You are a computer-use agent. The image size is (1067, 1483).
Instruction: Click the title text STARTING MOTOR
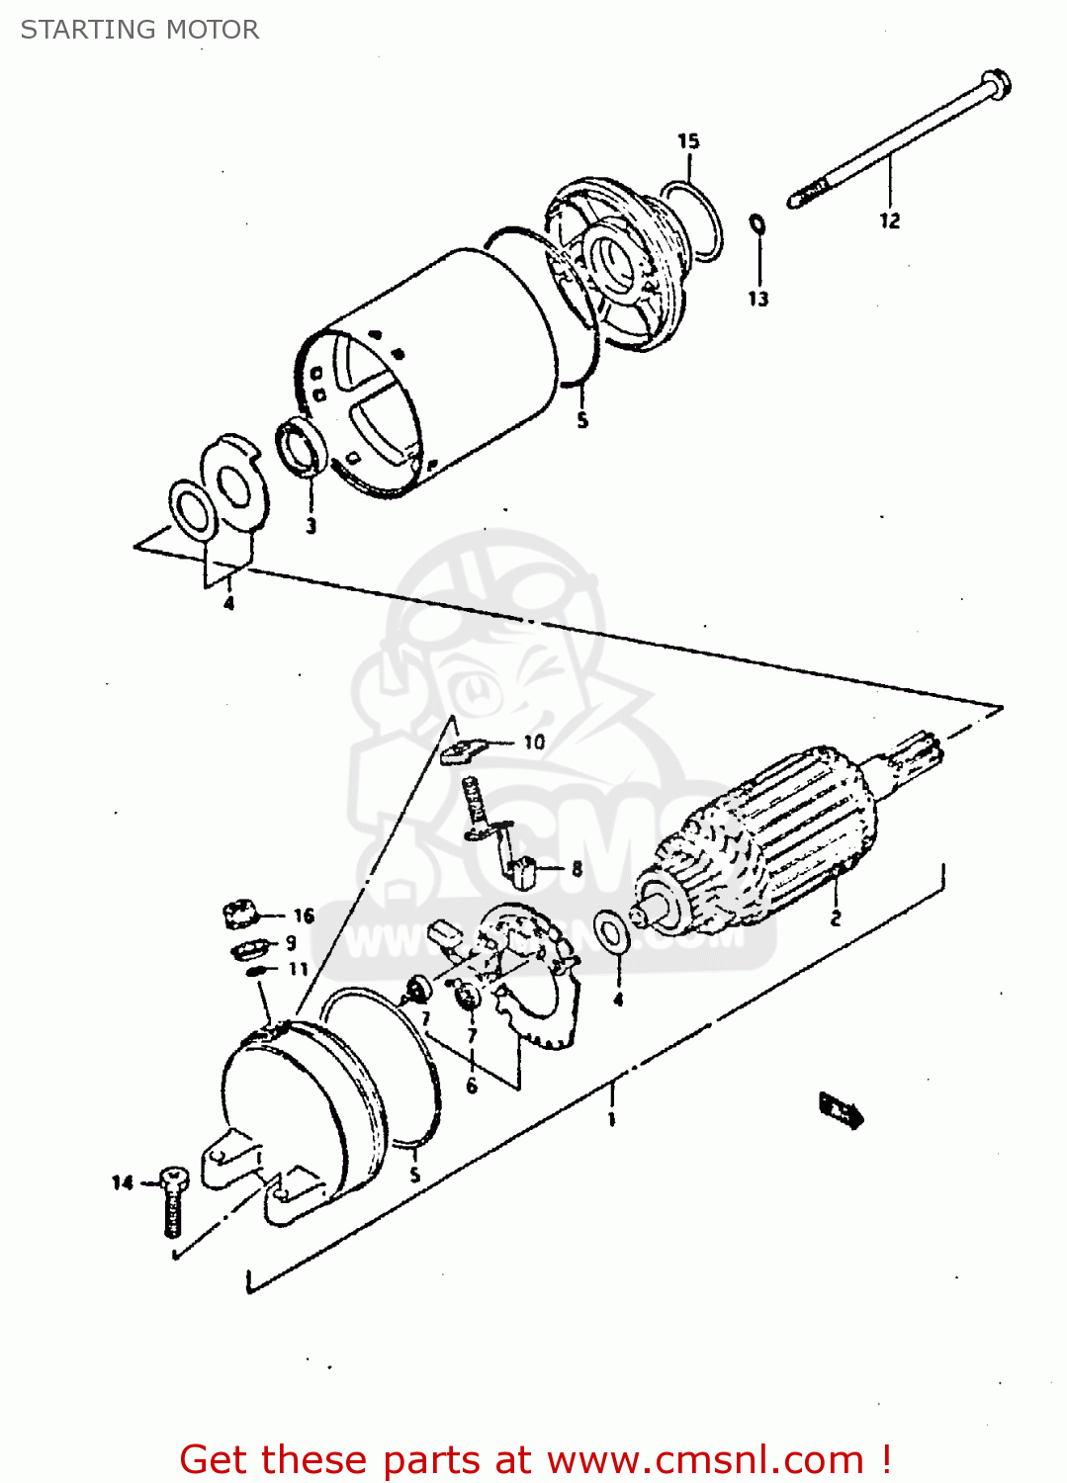tap(139, 30)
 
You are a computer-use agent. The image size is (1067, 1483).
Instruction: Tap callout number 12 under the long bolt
tap(889, 220)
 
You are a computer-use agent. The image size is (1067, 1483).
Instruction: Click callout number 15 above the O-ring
tap(688, 141)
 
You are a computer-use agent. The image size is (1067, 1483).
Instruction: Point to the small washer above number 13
tap(757, 224)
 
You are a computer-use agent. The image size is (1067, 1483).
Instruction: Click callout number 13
tap(757, 299)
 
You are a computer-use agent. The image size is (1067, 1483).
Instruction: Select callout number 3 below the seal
tap(311, 525)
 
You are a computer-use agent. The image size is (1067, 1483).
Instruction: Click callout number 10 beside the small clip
tap(534, 741)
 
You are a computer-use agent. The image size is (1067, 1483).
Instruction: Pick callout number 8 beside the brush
tap(577, 869)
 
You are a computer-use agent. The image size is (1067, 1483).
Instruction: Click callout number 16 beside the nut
tap(303, 916)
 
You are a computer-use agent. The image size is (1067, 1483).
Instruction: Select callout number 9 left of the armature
tap(291, 943)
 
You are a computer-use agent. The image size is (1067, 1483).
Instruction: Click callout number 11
tap(299, 969)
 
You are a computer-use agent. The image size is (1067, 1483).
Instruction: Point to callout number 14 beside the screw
tap(122, 1182)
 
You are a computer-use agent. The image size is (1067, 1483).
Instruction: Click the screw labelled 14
tap(173, 1201)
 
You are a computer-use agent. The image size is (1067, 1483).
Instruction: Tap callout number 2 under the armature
tap(835, 918)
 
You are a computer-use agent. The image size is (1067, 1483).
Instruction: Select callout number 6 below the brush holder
tap(472, 1086)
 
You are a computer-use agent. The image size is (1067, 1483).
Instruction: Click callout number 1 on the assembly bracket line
tap(611, 1119)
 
